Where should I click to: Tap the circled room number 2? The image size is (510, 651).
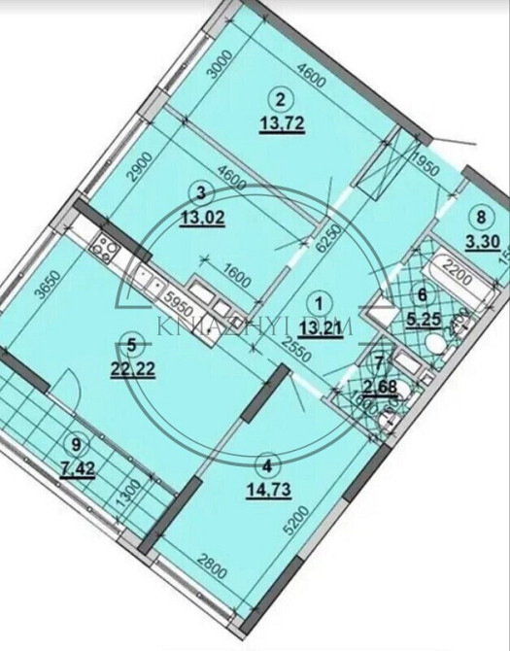coord(281,98)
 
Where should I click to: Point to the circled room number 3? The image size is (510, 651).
coord(201,191)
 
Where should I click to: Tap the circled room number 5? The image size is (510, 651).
coord(134,342)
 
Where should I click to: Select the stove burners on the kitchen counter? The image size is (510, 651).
coord(104,247)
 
